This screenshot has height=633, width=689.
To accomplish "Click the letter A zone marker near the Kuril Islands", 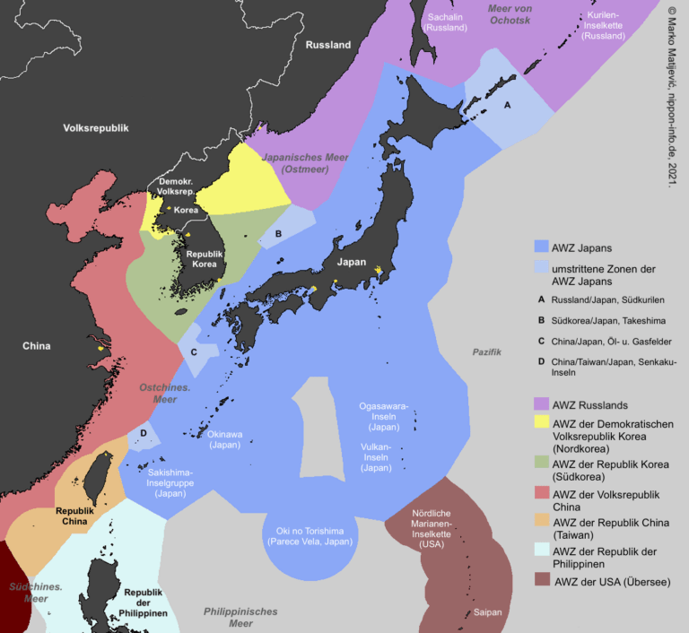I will [x=509, y=105].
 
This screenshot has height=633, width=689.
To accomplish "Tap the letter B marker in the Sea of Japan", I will [x=279, y=233].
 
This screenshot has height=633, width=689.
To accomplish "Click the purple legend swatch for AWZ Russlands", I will [x=540, y=403].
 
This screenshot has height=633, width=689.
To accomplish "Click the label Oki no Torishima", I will [x=310, y=533].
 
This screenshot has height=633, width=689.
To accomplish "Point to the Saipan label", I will [x=490, y=613].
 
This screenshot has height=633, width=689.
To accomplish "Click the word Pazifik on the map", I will [x=487, y=351].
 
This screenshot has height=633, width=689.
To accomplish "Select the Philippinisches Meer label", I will [x=240, y=618].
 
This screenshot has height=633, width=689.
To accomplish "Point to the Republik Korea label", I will [x=204, y=260].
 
